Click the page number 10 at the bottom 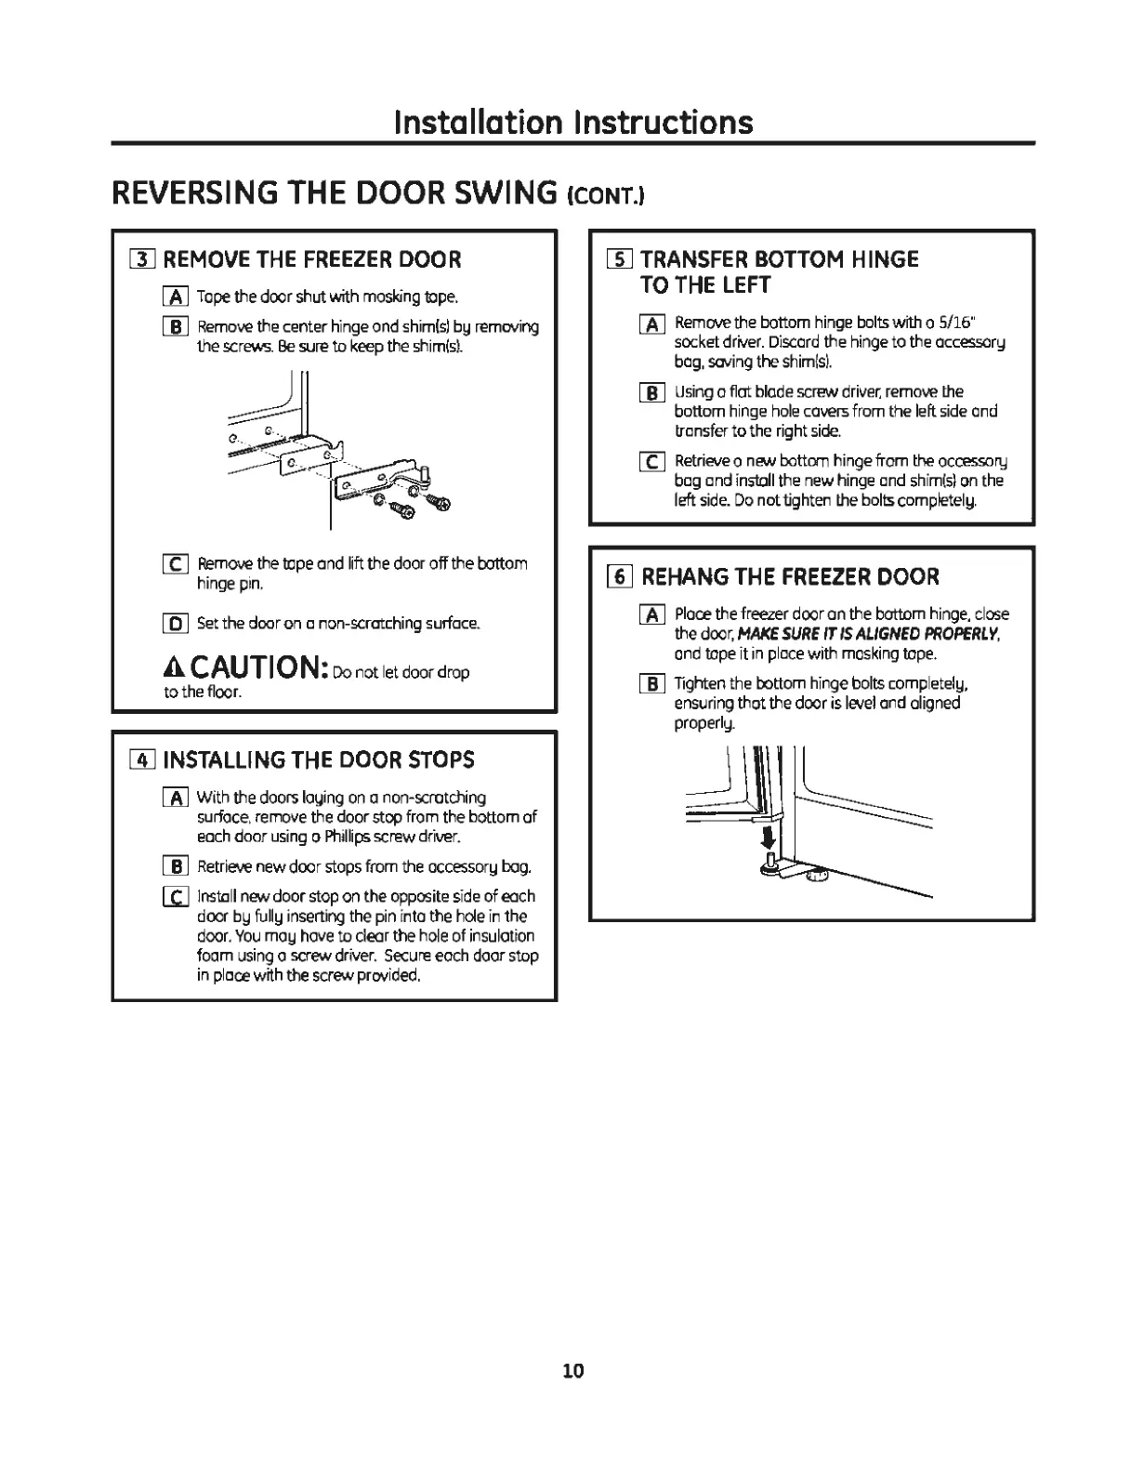click(572, 1371)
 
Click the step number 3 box click(143, 259)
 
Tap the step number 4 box click(143, 760)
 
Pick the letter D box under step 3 click(175, 623)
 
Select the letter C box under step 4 click(175, 897)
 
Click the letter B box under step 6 click(652, 684)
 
